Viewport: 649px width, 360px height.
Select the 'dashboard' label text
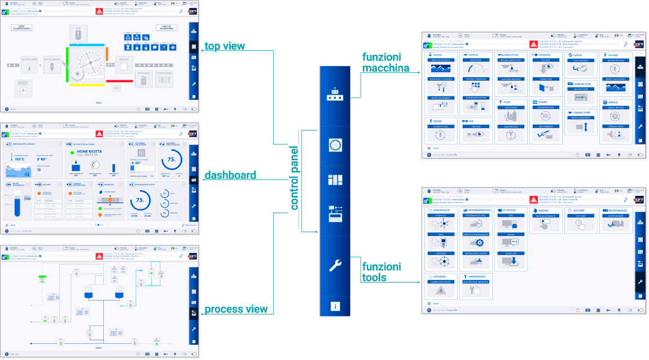click(230, 175)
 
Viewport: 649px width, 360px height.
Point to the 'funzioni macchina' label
click(385, 63)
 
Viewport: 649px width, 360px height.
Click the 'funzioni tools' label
click(381, 271)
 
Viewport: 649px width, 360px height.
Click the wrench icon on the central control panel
click(335, 265)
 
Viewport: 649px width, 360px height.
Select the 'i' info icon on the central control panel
click(335, 306)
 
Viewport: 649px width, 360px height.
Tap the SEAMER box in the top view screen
click(124, 64)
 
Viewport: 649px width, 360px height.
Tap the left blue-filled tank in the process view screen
click(89, 291)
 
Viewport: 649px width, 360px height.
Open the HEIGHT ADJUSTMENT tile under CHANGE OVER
click(581, 124)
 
